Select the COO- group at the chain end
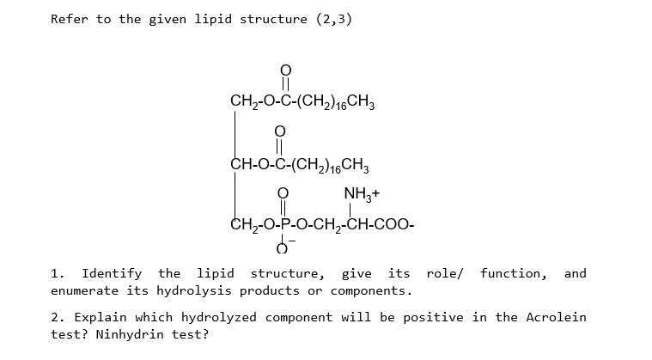click(398, 226)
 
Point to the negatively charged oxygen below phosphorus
click(283, 249)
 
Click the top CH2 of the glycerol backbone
click(241, 101)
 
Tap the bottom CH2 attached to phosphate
click(241, 226)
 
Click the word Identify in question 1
click(112, 273)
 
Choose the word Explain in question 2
click(101, 317)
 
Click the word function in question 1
click(513, 273)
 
